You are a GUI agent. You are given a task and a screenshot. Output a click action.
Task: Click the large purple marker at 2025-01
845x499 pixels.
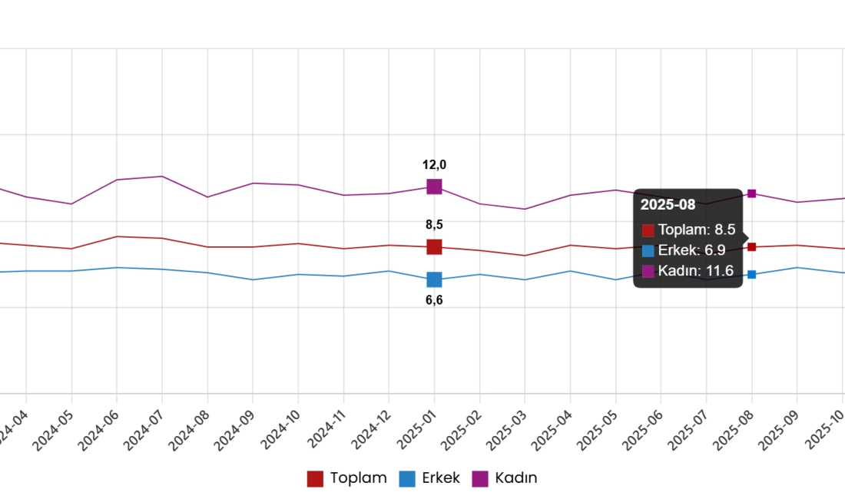pyautogui.click(x=434, y=187)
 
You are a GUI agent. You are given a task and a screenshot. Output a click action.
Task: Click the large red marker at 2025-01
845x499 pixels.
pyautogui.click(x=434, y=247)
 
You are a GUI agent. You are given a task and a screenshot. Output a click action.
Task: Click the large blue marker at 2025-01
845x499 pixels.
pyautogui.click(x=434, y=279)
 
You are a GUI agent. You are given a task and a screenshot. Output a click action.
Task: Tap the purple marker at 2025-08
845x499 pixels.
pyautogui.click(x=752, y=193)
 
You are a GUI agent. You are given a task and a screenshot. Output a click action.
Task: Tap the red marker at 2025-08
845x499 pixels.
pyautogui.click(x=752, y=247)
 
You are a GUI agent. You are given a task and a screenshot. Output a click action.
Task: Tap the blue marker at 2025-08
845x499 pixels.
pyautogui.click(x=752, y=274)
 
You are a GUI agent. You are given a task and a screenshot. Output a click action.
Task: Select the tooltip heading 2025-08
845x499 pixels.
pyautogui.click(x=668, y=205)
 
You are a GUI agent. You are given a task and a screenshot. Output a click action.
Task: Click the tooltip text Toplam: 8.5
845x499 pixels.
pyautogui.click(x=697, y=230)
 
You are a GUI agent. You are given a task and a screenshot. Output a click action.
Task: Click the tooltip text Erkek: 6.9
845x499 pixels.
pyautogui.click(x=691, y=250)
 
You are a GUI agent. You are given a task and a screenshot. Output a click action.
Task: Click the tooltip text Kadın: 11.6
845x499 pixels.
pyautogui.click(x=696, y=271)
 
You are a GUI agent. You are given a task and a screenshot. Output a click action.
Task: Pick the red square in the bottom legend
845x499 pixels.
pyautogui.click(x=315, y=479)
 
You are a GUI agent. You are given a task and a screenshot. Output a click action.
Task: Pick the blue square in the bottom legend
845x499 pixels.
pyautogui.click(x=407, y=479)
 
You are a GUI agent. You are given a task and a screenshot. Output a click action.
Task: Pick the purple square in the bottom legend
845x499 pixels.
pyautogui.click(x=480, y=479)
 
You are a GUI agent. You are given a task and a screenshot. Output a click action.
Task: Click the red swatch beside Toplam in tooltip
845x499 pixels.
pyautogui.click(x=648, y=230)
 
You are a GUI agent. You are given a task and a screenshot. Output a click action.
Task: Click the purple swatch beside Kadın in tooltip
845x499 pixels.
pyautogui.click(x=648, y=271)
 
